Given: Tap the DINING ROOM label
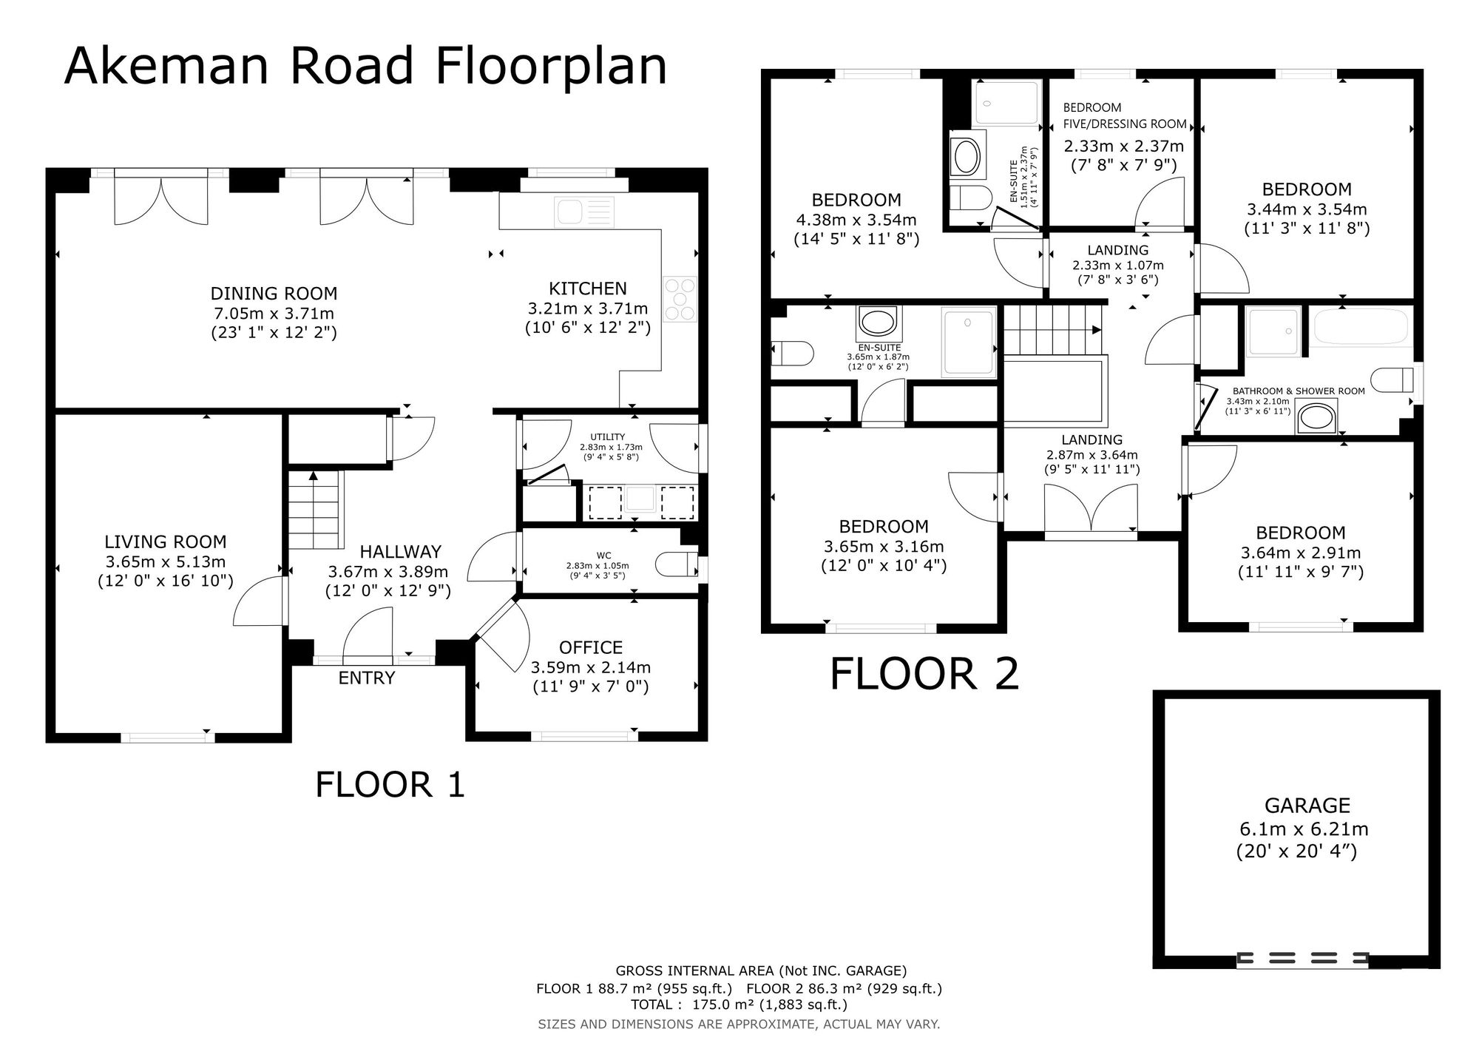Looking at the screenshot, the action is [274, 294].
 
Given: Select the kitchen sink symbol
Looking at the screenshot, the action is [585, 211].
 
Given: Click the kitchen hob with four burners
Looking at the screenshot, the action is [680, 299].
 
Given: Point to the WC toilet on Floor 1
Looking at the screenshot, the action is [677, 564].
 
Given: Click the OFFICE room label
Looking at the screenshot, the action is [591, 648].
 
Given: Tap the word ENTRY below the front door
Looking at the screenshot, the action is [367, 678].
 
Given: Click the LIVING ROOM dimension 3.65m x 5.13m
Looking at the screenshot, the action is [166, 561].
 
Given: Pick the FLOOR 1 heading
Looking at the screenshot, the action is [390, 785].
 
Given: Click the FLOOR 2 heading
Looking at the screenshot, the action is [924, 675].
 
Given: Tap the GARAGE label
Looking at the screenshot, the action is [1307, 806].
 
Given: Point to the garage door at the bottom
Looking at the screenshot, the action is [1302, 959].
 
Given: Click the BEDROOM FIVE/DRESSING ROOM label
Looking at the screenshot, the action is [1125, 115].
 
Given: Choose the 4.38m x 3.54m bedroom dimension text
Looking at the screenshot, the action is [856, 220].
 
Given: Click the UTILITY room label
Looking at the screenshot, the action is [608, 437].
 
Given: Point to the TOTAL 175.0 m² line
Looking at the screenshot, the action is [739, 1005].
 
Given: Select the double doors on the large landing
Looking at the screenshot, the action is [1091, 508].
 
